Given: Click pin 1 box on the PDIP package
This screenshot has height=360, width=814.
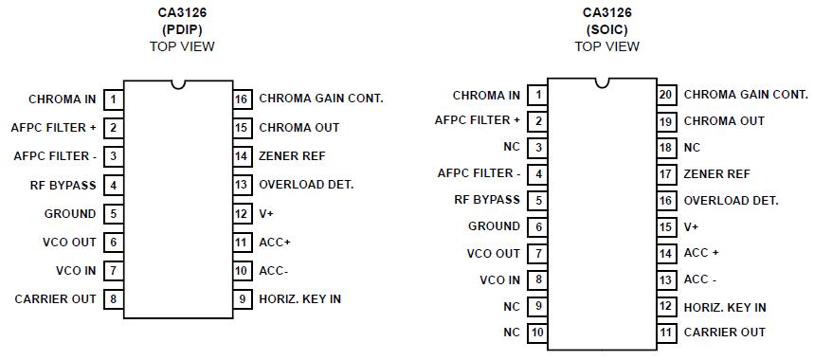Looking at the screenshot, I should (114, 99).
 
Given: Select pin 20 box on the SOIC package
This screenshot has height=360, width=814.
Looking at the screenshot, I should (666, 95).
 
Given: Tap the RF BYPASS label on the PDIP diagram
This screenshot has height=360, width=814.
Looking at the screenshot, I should (63, 185).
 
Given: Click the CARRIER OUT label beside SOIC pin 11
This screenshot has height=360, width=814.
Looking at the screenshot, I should (724, 333).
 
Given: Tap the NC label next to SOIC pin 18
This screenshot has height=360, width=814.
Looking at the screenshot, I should (692, 148).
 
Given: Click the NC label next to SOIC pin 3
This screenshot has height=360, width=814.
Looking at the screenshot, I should (511, 148).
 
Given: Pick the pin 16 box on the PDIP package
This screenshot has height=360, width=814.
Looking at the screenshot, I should (242, 99).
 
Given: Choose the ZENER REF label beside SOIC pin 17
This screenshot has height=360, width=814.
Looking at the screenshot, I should (716, 174).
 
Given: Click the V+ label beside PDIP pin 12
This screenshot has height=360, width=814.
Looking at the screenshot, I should (268, 214).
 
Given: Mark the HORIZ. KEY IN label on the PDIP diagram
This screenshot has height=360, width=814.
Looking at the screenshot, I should (299, 299).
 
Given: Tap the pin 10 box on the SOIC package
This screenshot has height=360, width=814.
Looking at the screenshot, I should (538, 333).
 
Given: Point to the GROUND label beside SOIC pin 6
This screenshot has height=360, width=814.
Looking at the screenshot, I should (494, 226).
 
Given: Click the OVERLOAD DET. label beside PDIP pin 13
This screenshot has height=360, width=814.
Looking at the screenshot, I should (306, 185).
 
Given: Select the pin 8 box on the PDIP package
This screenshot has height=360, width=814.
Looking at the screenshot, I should (114, 299).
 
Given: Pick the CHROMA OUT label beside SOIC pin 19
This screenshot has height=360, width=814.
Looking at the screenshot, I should (724, 121).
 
